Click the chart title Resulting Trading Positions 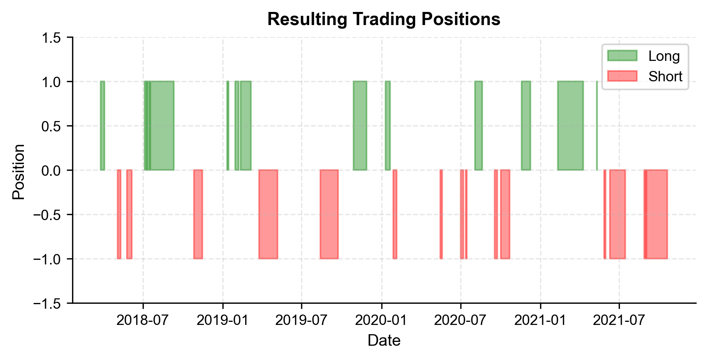[x=384, y=19]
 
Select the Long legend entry [x=663, y=56]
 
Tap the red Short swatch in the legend [x=622, y=76]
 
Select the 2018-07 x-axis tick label [x=143, y=320]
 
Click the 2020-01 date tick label [x=382, y=320]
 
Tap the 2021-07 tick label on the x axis [x=619, y=320]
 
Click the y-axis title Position [x=19, y=172]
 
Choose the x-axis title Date [x=384, y=341]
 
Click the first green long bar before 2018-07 [x=102, y=126]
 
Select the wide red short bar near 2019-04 [x=268, y=214]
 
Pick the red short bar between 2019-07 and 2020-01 [x=329, y=214]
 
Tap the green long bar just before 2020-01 [x=360, y=126]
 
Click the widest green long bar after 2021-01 [x=571, y=126]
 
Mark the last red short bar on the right [x=656, y=214]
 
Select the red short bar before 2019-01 [x=198, y=214]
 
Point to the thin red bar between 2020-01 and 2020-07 [x=441, y=214]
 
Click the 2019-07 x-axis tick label [x=301, y=320]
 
